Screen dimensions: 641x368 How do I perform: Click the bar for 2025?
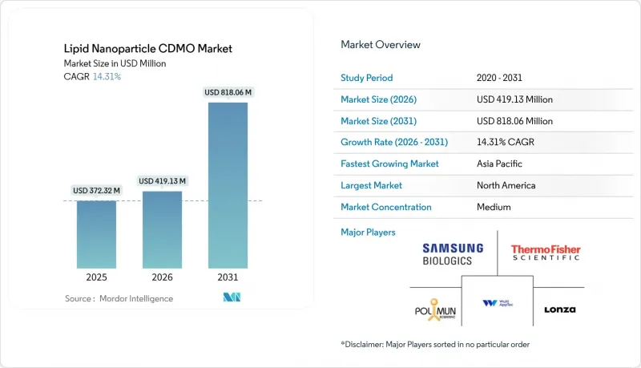tap(96, 234)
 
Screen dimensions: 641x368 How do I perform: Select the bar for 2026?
tap(163, 230)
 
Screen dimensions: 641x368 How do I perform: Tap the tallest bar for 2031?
tap(228, 185)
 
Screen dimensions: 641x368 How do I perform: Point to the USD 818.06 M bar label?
tap(228, 92)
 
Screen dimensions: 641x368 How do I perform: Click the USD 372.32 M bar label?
tap(96, 191)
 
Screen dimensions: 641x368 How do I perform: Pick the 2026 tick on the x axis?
tap(163, 277)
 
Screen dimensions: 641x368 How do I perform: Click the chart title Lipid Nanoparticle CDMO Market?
tap(148, 49)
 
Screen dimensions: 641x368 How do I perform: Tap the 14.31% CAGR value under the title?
tap(107, 76)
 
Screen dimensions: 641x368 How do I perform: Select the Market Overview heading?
tap(381, 45)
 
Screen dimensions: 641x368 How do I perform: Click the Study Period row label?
tap(367, 78)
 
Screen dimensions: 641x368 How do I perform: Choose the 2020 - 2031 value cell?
tap(499, 78)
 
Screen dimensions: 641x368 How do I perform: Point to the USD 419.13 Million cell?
tap(514, 99)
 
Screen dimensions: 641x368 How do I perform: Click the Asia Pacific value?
tap(499, 164)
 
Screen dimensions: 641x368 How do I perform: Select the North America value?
tap(506, 185)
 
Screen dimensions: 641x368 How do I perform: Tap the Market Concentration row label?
tap(386, 207)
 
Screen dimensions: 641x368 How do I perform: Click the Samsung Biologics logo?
tap(453, 254)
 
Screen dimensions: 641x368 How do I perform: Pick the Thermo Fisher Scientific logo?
tap(546, 253)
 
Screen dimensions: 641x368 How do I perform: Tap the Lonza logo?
tap(559, 309)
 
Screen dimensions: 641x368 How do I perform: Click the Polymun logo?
tap(435, 309)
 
